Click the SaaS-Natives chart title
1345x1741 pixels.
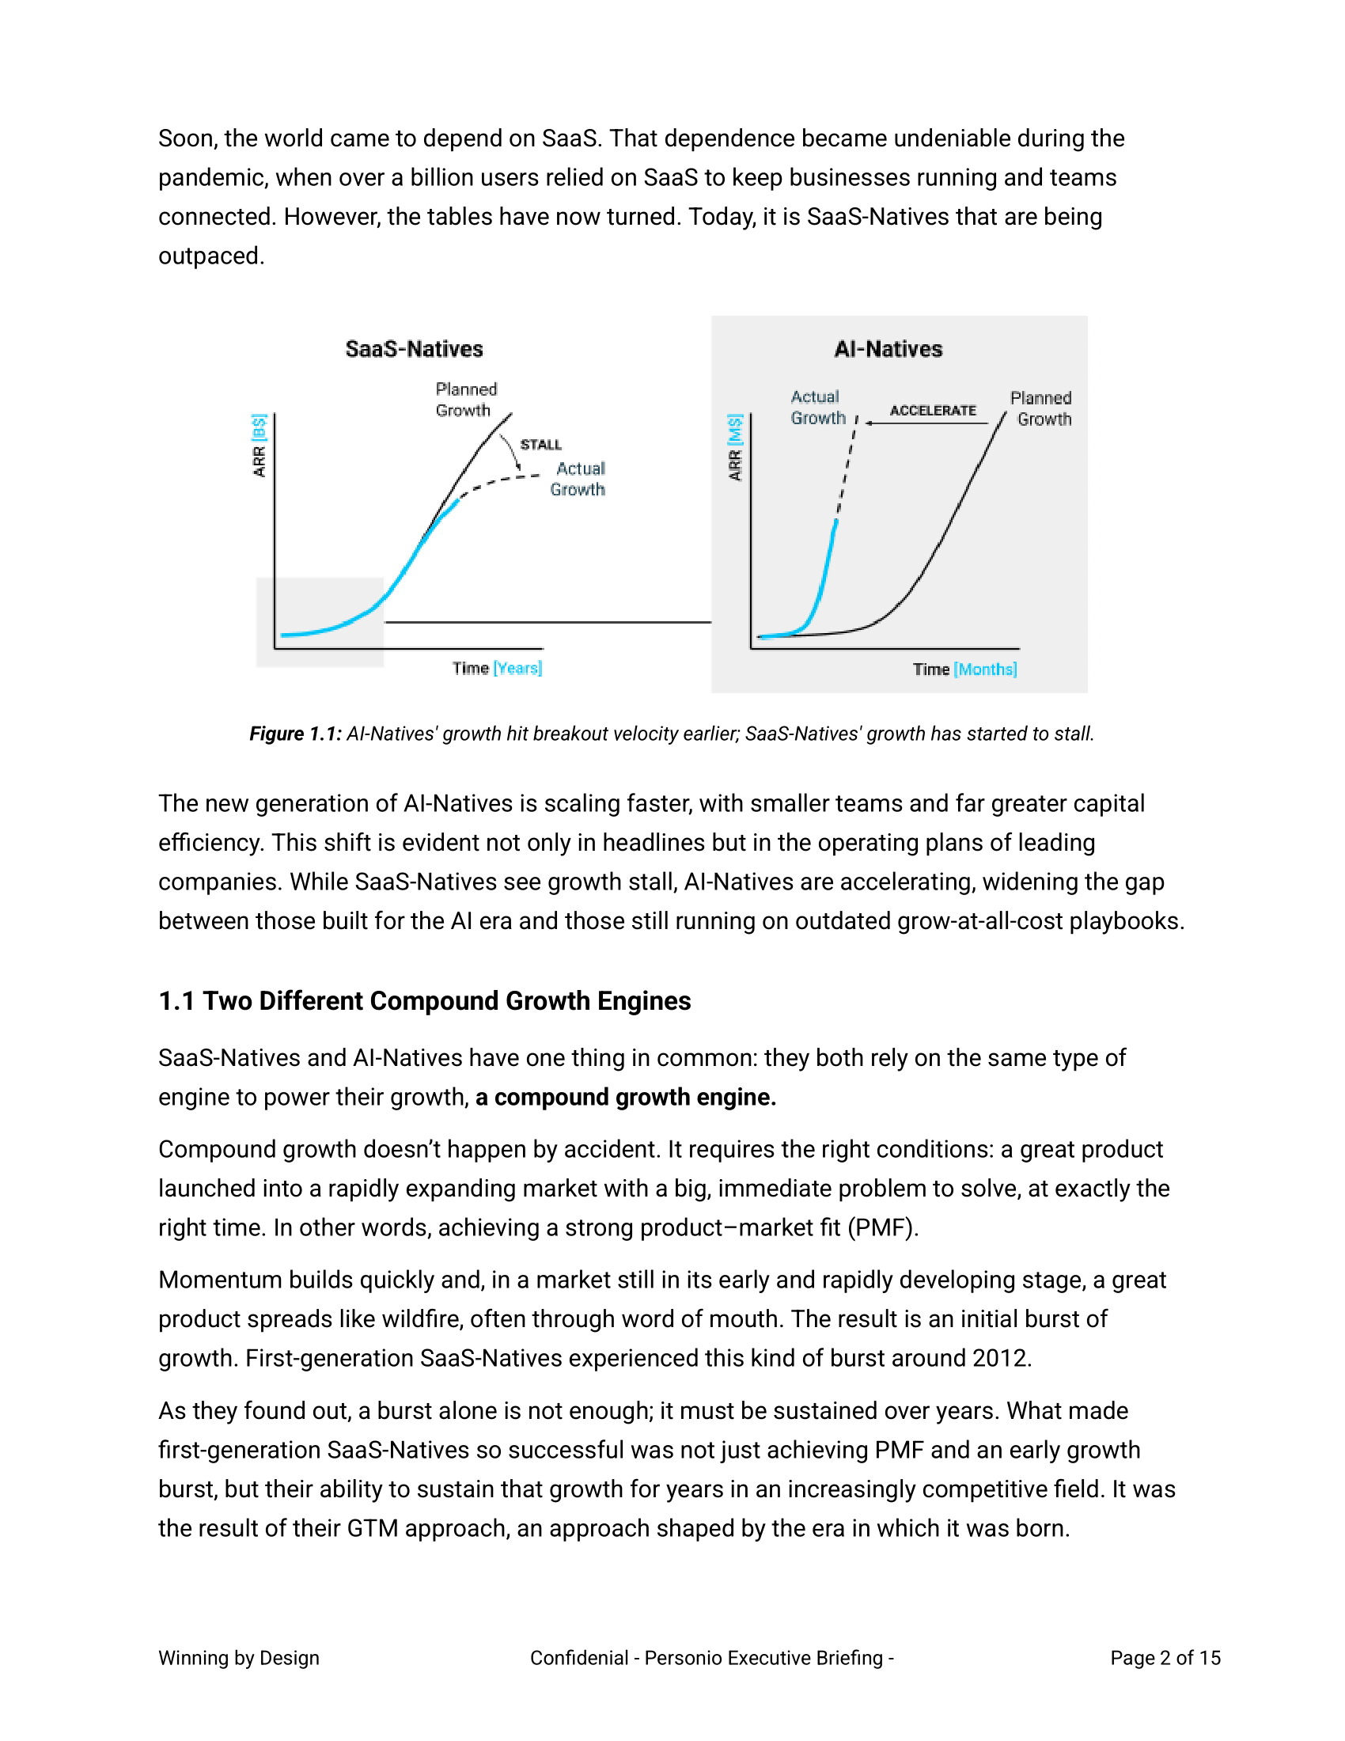(414, 349)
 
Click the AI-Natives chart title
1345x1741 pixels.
(888, 349)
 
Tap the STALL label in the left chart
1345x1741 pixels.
(540, 445)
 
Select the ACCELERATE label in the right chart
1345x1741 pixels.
(932, 411)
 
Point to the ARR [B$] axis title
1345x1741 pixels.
(259, 446)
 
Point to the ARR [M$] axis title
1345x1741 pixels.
(735, 447)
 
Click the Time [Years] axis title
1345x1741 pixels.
(496, 668)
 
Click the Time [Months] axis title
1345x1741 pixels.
(964, 669)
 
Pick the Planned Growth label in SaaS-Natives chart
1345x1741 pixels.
(465, 400)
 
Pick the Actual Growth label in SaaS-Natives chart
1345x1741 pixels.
(578, 479)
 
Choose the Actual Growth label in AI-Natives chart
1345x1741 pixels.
(816, 408)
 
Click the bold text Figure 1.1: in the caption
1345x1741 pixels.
(295, 734)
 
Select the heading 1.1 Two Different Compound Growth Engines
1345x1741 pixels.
(425, 1000)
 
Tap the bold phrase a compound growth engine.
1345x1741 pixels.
(626, 1097)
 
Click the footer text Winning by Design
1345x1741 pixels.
(238, 1658)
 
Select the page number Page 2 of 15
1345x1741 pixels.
(1165, 1658)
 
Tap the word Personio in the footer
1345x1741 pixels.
(682, 1658)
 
